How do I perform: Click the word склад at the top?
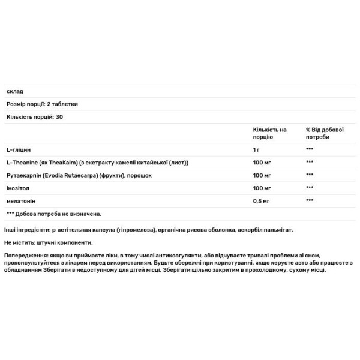click(14, 91)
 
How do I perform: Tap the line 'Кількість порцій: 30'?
click(35, 116)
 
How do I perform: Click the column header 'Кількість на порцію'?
click(270, 134)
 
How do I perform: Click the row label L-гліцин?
click(19, 149)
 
